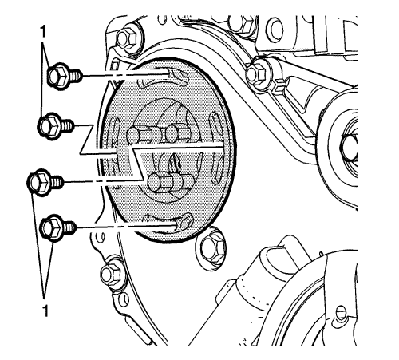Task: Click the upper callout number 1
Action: point(42,31)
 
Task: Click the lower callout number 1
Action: point(45,311)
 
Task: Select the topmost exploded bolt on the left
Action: point(65,75)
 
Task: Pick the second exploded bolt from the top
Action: point(56,126)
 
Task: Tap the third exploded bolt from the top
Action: point(45,182)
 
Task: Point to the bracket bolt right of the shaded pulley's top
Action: point(257,73)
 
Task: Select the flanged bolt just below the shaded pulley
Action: point(212,248)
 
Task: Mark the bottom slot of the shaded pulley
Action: point(168,223)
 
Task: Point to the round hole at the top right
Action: point(275,30)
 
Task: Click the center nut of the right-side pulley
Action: point(349,148)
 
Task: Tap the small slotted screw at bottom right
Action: point(341,312)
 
